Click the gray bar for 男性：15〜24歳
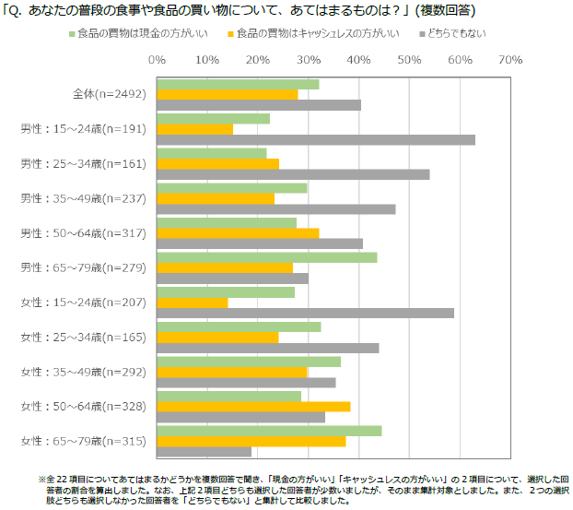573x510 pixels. (316, 139)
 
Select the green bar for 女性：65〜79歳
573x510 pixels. (269, 431)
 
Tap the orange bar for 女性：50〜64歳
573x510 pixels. (253, 407)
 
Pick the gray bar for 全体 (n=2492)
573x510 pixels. (259, 104)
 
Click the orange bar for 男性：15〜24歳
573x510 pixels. (194, 129)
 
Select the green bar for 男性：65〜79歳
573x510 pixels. (266, 257)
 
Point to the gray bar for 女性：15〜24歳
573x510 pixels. (305, 313)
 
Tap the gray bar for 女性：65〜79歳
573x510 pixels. (204, 452)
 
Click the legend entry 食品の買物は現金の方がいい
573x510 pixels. (146, 34)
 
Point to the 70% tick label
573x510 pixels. (509, 59)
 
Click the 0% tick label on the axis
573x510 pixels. (157, 59)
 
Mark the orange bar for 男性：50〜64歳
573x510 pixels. (238, 233)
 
